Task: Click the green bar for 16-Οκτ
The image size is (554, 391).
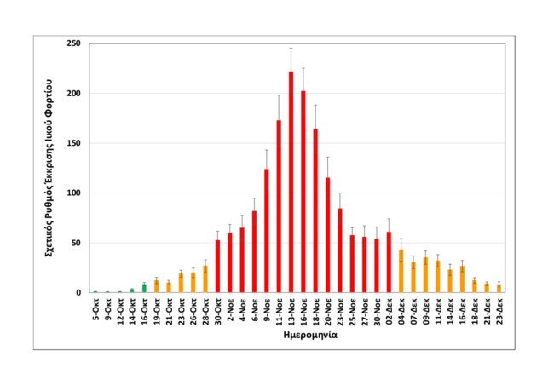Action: [144, 288]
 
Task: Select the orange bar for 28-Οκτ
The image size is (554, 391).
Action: [205, 279]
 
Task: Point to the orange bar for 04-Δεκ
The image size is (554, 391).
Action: [401, 271]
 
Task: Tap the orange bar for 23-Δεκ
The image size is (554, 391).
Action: [499, 289]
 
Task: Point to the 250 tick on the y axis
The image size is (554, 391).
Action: [81, 43]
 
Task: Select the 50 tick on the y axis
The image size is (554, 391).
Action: [83, 243]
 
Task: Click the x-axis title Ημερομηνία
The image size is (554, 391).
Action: [309, 336]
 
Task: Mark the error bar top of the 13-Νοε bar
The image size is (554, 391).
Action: [291, 49]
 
